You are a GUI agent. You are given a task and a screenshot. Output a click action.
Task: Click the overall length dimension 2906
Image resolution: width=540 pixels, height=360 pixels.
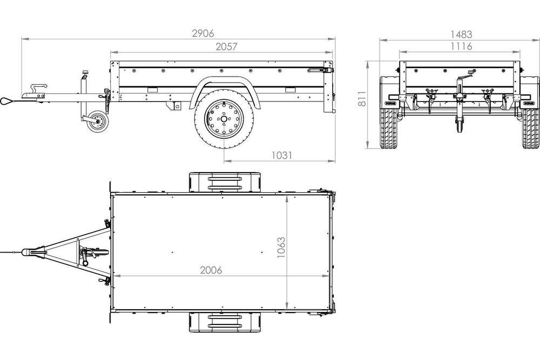(202, 32)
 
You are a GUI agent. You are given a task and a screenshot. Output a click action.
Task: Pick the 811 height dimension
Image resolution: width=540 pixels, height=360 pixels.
(363, 97)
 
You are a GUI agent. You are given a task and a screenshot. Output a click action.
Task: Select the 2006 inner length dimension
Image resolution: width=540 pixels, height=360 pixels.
(211, 270)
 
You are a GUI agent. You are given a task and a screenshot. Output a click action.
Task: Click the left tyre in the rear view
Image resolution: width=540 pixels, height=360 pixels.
(389, 128)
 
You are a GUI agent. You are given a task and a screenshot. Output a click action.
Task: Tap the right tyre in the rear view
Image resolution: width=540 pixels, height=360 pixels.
(530, 128)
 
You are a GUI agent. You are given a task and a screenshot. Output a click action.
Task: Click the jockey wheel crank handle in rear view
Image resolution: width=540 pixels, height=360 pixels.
(470, 72)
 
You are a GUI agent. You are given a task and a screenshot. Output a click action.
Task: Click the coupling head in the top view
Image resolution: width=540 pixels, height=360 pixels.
(31, 252)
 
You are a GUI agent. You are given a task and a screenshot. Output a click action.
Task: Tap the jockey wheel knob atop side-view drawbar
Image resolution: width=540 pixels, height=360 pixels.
(85, 72)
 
